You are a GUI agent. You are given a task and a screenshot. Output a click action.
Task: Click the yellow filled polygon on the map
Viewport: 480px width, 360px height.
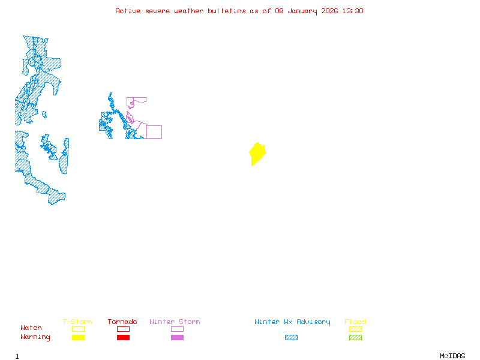257,154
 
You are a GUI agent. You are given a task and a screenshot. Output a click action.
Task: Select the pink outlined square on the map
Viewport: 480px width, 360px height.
154,132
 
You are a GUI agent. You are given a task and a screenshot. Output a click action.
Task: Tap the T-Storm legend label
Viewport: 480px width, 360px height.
77,322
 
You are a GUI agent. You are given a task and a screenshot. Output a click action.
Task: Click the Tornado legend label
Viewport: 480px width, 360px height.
122,322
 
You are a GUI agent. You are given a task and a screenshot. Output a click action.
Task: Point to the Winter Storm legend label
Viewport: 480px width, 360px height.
175,322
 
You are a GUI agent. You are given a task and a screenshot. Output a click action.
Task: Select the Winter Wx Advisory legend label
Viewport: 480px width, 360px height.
292,322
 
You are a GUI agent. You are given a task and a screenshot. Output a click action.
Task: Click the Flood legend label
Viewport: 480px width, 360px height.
355,322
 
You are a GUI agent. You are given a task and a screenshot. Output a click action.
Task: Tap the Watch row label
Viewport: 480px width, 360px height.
31,328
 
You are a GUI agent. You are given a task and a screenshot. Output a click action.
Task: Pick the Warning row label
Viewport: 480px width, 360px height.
35,337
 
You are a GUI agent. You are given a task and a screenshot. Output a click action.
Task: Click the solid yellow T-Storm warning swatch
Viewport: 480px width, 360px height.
78,338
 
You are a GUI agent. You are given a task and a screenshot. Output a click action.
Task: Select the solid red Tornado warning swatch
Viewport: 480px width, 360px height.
123,338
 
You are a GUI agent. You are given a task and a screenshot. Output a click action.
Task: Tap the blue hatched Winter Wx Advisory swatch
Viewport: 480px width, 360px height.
291,338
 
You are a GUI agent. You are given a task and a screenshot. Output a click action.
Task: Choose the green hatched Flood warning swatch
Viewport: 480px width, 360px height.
355,338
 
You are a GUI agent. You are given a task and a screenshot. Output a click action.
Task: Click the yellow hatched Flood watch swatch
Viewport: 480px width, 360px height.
355,329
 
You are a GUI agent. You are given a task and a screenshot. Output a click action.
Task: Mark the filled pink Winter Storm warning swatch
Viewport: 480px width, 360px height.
177,338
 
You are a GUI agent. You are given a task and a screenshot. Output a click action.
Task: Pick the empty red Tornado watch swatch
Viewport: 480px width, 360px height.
123,329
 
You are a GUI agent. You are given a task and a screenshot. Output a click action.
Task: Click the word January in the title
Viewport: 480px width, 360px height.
300,11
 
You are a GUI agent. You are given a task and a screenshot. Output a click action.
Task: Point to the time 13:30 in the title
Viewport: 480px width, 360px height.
353,11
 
